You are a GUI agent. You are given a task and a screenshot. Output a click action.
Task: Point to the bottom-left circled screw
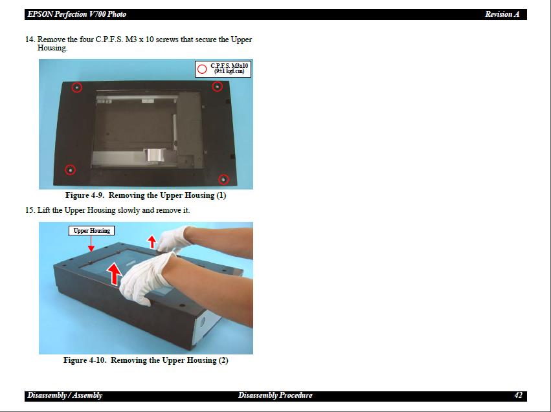pos(71,170)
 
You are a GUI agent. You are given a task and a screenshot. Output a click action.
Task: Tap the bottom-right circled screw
pos(223,179)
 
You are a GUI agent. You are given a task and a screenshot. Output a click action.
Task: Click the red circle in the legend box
pos(202,69)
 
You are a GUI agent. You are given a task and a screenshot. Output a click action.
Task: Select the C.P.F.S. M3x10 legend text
pos(229,69)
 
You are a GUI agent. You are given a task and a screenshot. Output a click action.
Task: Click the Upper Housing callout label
pos(91,230)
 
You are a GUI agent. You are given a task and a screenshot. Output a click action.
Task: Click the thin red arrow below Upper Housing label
pos(91,244)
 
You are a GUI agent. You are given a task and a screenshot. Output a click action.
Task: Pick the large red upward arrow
pos(114,274)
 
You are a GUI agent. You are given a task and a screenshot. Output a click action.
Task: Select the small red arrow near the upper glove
pos(152,242)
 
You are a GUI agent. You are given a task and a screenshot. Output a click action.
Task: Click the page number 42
pos(519,395)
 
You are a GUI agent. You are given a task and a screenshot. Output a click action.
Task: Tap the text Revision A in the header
pos(502,14)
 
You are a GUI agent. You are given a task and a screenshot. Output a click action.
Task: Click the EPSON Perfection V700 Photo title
pos(76,14)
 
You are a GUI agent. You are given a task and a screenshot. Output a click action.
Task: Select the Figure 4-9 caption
pos(146,195)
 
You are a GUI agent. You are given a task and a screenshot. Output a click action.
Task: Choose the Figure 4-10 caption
pos(146,360)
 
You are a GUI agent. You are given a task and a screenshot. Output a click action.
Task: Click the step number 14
pos(30,39)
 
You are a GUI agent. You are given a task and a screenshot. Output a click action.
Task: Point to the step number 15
pos(30,210)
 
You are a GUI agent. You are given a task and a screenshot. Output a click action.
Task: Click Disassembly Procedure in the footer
pos(275,395)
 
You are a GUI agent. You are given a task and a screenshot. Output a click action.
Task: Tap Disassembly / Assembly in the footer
pos(65,395)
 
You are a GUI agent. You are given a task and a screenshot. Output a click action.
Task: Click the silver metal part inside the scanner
pos(155,156)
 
